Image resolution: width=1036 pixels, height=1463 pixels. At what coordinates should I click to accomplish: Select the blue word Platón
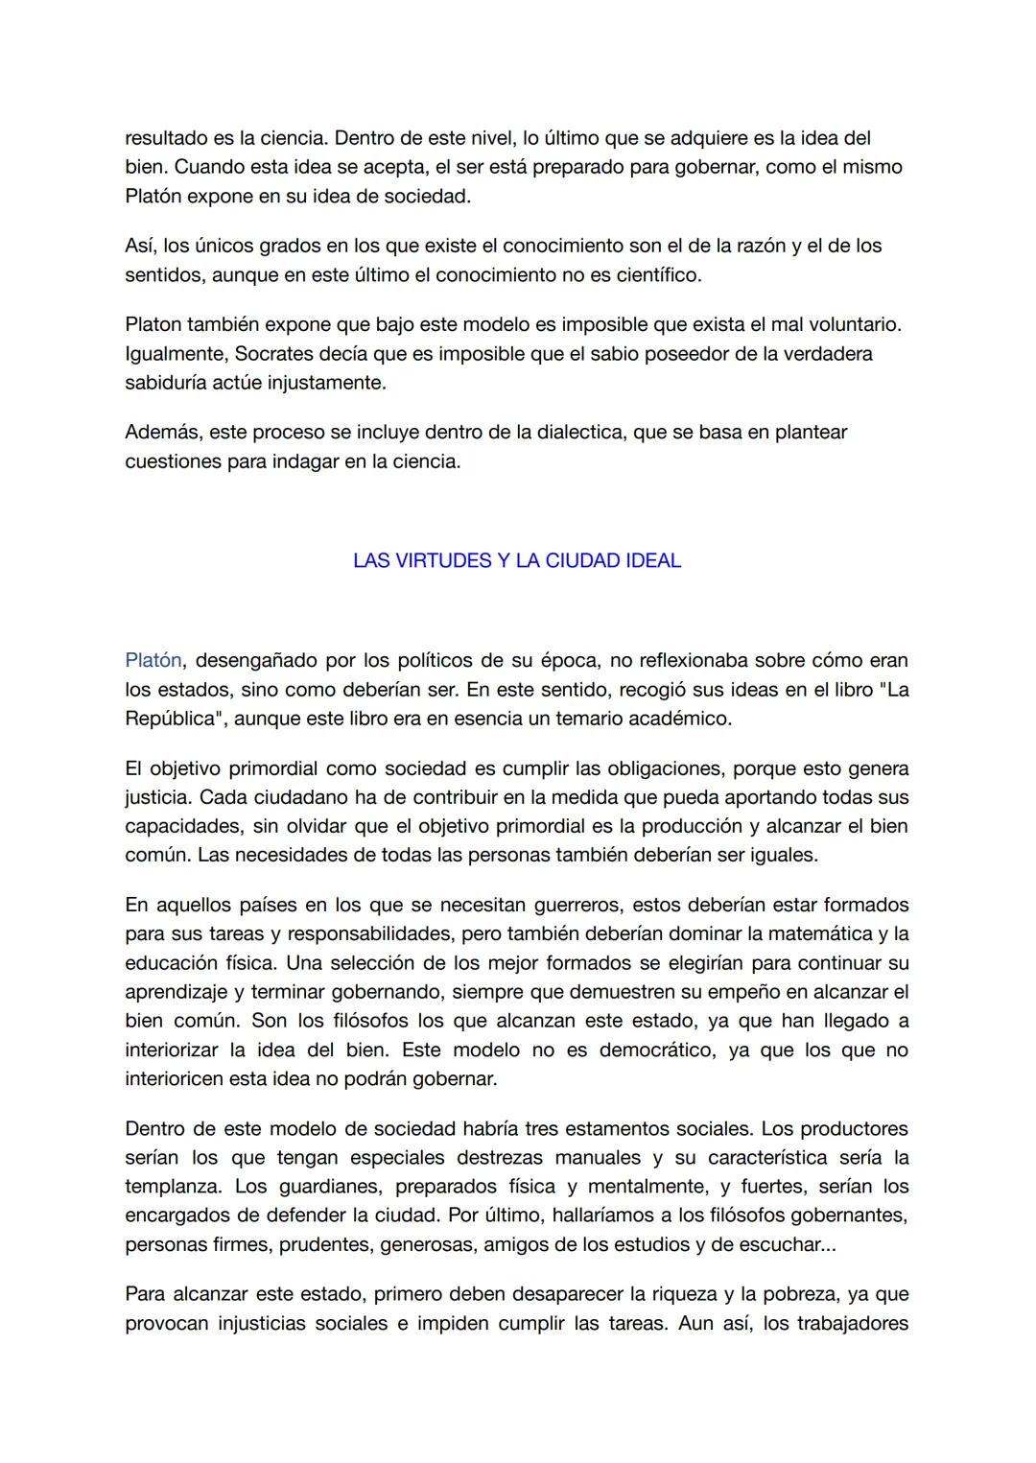(x=153, y=660)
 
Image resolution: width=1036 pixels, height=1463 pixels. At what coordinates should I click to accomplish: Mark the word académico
(x=677, y=719)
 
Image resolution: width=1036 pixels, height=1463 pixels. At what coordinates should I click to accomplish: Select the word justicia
(x=157, y=797)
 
